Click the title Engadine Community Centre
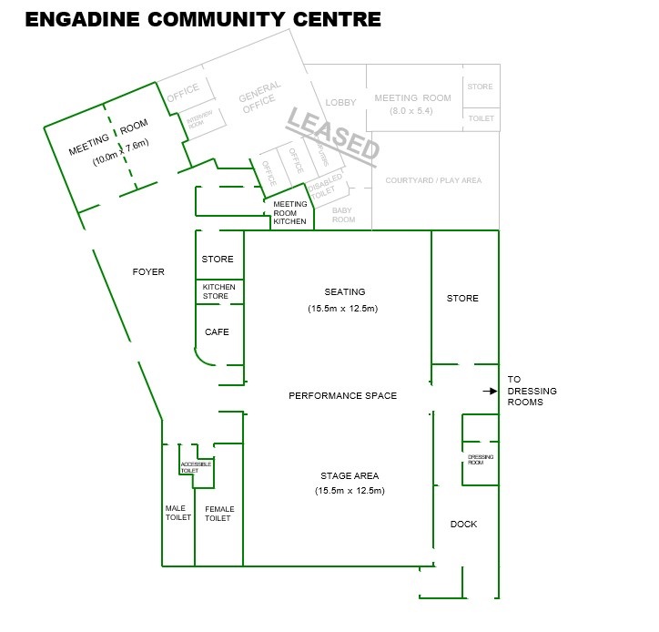tap(203, 19)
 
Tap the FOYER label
tap(148, 271)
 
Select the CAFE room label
tap(217, 332)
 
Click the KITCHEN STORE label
tap(218, 291)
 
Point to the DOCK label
tap(463, 524)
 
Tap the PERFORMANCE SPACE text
tap(342, 396)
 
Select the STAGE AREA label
tap(350, 476)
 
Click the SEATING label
tap(344, 292)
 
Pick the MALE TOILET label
tap(177, 514)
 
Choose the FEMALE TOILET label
tap(219, 514)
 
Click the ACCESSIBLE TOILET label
tap(196, 467)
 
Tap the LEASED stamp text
tap(333, 137)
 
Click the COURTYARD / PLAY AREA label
tap(433, 180)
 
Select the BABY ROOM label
tap(343, 215)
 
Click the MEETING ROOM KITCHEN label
tap(290, 213)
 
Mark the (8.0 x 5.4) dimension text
tap(412, 111)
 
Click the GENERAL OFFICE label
tap(261, 99)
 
